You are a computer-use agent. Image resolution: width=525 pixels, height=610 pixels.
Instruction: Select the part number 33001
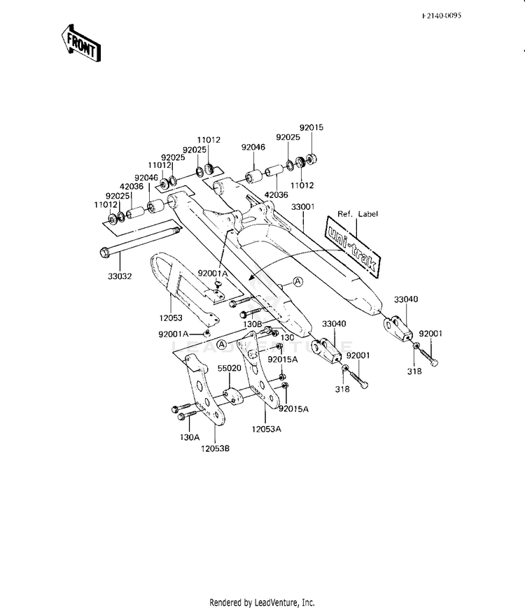303,207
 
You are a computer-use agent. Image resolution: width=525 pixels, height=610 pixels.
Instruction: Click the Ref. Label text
358,214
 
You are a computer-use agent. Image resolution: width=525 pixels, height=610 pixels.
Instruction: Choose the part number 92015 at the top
311,128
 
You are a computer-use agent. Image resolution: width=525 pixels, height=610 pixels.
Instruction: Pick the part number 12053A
267,429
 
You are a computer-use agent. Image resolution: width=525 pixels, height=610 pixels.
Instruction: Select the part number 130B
251,325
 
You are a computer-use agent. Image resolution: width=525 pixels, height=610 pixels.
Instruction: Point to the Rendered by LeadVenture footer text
262,602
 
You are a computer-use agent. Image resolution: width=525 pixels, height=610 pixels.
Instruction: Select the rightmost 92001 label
432,334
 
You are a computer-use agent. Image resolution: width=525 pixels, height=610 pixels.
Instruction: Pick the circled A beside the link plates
221,345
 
